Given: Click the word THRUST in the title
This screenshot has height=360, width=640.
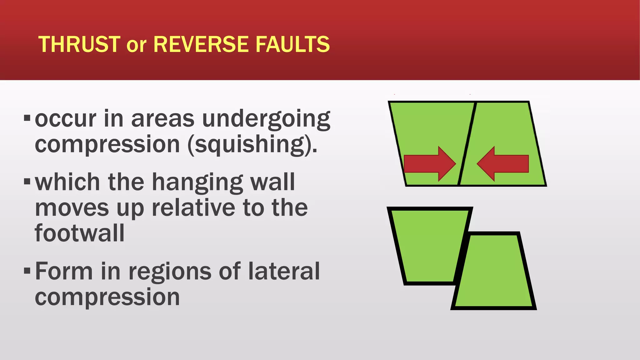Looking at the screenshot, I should pos(79,44).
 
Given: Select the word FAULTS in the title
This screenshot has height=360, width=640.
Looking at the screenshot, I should pos(292,44).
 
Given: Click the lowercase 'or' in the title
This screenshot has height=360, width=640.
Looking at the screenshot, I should pos(137,46).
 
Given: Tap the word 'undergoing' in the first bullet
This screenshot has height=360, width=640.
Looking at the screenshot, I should pos(266,119).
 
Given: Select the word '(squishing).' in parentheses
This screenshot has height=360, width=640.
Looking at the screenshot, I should pos(252,145).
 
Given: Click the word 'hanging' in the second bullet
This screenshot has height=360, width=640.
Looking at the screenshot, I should pos(198,182).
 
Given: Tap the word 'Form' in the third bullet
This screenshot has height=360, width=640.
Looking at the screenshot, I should pos(64,271).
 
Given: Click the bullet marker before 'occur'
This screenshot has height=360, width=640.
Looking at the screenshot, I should pos(27,118).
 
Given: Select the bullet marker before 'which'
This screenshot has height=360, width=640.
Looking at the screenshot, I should pos(27,181).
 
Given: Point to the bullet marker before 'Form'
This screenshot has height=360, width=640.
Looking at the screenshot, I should pos(27,270).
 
